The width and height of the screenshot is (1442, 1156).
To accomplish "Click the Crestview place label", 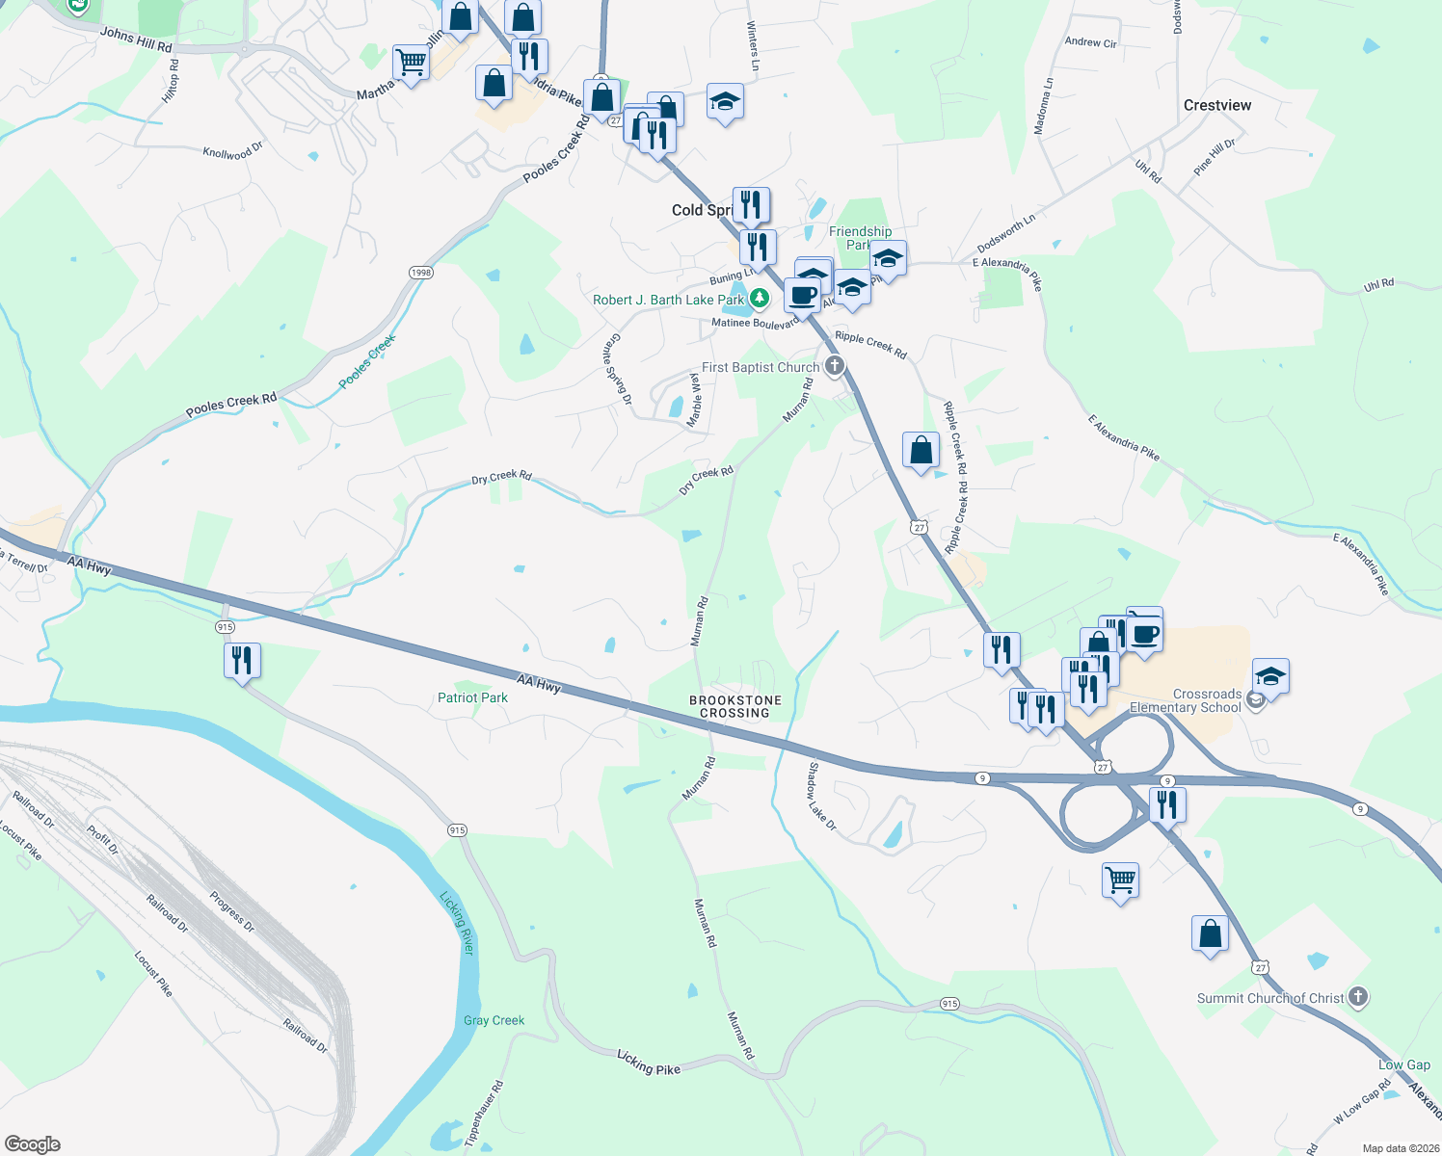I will (x=1217, y=105).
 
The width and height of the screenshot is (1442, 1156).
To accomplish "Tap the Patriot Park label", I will (x=472, y=697).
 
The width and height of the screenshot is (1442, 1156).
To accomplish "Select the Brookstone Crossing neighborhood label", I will (x=734, y=706).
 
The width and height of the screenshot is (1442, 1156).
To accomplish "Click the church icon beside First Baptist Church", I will (x=835, y=366).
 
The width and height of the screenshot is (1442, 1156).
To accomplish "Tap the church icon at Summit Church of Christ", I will (x=1358, y=997).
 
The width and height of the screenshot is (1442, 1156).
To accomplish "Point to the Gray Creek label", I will (x=494, y=1020).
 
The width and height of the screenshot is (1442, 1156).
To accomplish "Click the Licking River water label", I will (x=458, y=923).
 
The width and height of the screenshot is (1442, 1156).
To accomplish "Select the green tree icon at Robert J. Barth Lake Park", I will (x=760, y=299).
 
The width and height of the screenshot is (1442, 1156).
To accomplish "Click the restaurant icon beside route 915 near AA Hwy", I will (x=241, y=660).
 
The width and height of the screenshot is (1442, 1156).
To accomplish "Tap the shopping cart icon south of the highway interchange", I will (x=1120, y=879).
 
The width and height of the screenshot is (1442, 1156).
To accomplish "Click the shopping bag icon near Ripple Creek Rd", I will (x=921, y=450).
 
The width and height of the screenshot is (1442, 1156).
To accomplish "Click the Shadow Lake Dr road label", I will (x=822, y=797).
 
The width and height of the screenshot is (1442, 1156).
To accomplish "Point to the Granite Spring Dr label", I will (x=619, y=369).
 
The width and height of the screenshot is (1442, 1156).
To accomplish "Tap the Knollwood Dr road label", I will (x=232, y=151).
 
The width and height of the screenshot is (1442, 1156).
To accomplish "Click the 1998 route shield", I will (x=421, y=273).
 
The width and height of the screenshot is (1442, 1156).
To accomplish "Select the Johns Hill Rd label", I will (x=136, y=39).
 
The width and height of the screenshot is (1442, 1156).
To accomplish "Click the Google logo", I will (x=33, y=1144).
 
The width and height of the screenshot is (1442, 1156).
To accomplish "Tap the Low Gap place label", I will (x=1404, y=1064).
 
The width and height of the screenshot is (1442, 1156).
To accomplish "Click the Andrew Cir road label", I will (x=1090, y=42).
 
